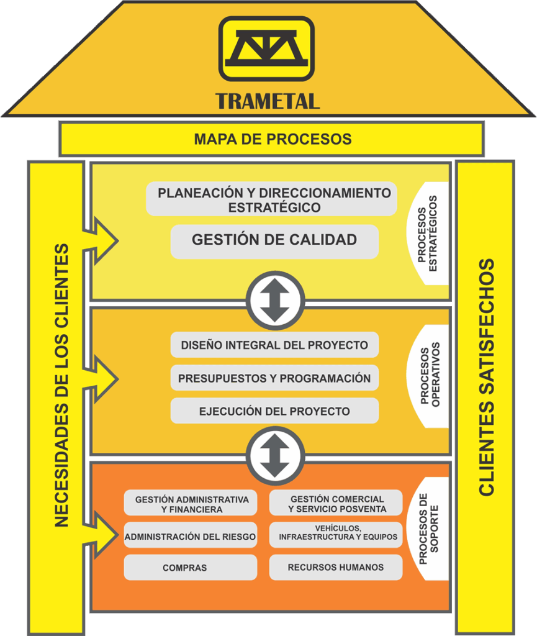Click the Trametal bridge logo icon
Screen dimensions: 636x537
[266, 48]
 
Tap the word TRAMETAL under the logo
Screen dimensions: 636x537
[268, 101]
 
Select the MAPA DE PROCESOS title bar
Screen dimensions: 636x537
[272, 139]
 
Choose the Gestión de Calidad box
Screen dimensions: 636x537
[274, 240]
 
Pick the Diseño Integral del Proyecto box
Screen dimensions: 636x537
[274, 345]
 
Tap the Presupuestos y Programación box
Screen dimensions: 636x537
[274, 378]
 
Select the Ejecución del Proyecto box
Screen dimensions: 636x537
[274, 411]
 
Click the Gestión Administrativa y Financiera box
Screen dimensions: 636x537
[191, 504]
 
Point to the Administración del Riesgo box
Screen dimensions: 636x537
[191, 537]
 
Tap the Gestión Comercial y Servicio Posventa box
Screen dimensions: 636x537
[336, 504]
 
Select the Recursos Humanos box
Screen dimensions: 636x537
[336, 567]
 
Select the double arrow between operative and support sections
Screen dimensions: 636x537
[275, 457]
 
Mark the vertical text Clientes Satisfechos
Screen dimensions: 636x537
[487, 377]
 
